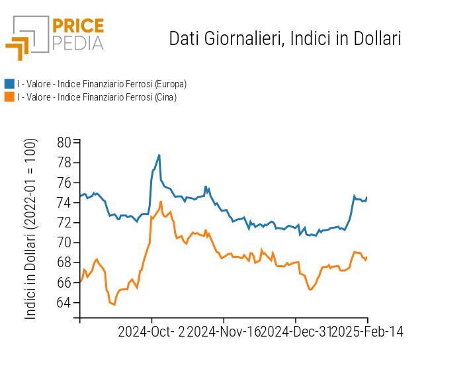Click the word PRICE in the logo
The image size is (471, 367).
pos(77,26)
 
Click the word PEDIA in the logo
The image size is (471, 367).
pos(77,44)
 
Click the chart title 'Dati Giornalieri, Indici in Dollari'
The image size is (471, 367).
pos(285,38)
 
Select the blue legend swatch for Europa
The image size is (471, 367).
pos(9,84)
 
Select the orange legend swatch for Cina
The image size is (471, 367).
pos(9,97)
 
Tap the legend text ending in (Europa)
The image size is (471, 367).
pos(102,84)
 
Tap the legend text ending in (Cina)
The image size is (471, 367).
pos(97,97)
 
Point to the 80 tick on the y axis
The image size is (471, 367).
pos(64,142)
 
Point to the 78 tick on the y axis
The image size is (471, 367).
pos(64,163)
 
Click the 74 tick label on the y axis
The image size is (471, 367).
pos(64,202)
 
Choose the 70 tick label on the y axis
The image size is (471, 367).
pos(64,243)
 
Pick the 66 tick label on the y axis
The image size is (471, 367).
pos(64,282)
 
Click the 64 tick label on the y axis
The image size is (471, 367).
pos(64,303)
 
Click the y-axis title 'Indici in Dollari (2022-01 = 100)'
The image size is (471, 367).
pos(31,229)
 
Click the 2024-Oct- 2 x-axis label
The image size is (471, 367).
pos(151,332)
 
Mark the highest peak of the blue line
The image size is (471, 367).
pos(159,155)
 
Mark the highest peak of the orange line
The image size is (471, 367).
pos(161,202)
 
